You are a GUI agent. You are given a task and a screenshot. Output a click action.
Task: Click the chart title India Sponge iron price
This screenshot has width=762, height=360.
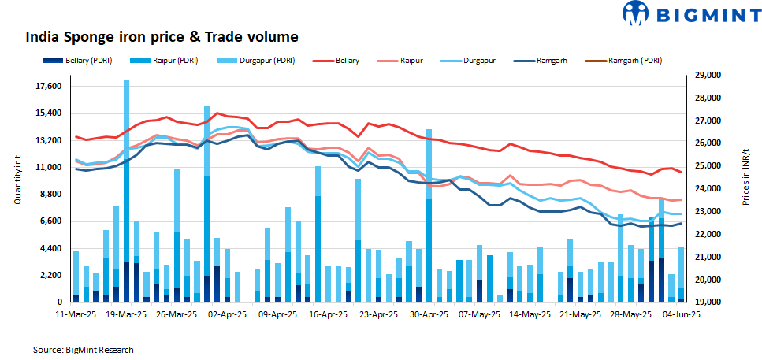[162, 36]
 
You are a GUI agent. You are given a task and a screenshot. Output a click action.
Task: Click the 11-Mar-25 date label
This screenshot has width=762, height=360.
[76, 314]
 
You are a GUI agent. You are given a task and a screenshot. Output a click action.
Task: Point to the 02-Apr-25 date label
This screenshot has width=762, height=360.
[229, 314]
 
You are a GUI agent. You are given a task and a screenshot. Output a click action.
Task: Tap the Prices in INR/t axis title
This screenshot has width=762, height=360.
[745, 176]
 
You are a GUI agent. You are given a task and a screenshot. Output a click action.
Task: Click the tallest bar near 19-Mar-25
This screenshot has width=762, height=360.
[126, 189]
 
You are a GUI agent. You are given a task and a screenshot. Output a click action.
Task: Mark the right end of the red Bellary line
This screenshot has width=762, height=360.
[682, 172]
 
